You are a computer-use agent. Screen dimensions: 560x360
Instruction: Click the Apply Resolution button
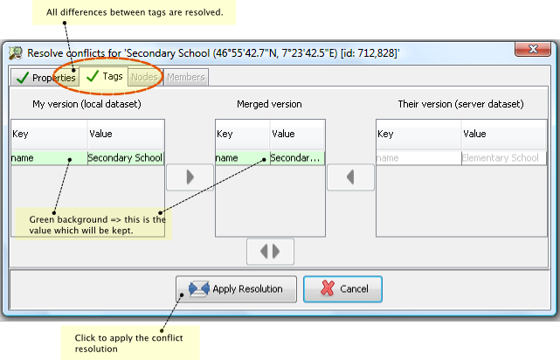[x=236, y=289]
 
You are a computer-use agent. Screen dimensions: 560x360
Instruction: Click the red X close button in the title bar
[x=533, y=49]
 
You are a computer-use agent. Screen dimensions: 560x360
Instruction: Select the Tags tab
[x=104, y=76]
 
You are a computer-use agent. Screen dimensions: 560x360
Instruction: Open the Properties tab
[x=45, y=78]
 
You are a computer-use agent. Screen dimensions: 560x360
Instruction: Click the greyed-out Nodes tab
[x=144, y=77]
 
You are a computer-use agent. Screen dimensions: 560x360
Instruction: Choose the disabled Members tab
[x=186, y=77]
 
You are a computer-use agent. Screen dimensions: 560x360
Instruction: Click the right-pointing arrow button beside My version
[x=190, y=177]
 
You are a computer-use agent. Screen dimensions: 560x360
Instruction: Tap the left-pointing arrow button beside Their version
[x=350, y=177]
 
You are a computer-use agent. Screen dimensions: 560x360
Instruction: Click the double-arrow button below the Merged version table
[x=270, y=252]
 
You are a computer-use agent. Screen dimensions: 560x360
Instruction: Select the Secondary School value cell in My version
[x=126, y=158]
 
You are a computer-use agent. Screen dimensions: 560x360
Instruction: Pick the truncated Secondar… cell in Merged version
[x=297, y=158]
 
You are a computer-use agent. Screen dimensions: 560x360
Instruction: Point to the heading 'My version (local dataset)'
[x=86, y=104]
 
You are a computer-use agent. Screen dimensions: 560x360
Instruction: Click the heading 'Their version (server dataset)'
[x=460, y=104]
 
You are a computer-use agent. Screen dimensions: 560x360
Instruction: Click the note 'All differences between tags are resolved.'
[x=135, y=12]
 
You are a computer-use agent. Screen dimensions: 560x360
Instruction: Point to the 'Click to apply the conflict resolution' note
[x=128, y=343]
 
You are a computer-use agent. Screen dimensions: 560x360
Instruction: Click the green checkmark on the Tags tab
[x=93, y=76]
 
